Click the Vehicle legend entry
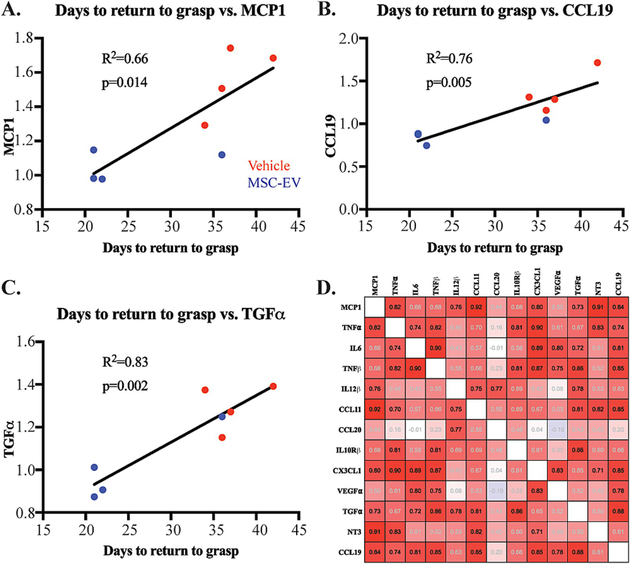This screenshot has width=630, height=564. click(x=269, y=166)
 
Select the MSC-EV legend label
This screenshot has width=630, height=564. click(x=274, y=183)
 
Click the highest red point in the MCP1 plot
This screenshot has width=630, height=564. click(x=230, y=48)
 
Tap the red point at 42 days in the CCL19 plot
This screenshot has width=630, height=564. click(x=597, y=63)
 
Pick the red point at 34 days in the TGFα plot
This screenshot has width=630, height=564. click(x=205, y=390)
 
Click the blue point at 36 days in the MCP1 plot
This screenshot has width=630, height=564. click(x=222, y=155)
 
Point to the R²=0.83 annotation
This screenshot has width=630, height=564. click(x=125, y=362)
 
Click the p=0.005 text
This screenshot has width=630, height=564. click(x=449, y=83)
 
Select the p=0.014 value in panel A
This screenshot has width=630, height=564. click(x=124, y=83)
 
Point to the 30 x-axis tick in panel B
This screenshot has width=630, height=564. click(x=495, y=226)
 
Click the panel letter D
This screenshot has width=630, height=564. click(x=325, y=288)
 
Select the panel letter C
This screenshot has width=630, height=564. click(x=11, y=288)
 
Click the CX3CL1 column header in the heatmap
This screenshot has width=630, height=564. click(x=537, y=282)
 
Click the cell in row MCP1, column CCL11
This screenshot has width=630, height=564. click(x=476, y=307)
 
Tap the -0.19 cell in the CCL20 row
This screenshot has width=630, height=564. click(x=557, y=430)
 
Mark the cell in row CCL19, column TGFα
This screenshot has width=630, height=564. click(x=577, y=552)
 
